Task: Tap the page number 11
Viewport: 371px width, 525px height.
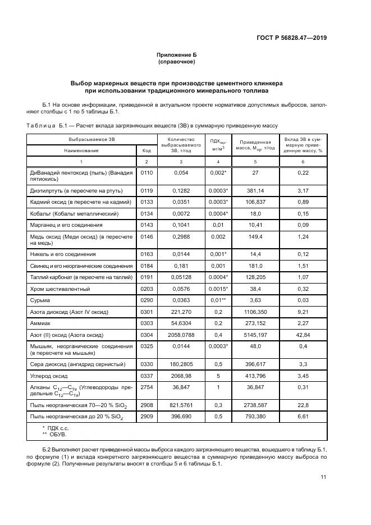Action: pyautogui.click(x=324, y=477)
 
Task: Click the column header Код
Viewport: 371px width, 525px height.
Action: pyautogui.click(x=146, y=150)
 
